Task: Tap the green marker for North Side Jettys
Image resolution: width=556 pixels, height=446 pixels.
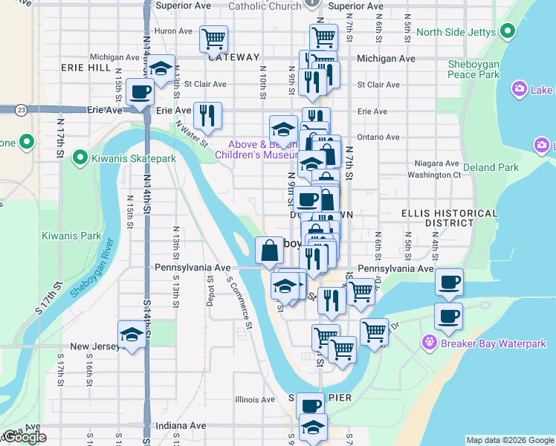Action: click(508, 31)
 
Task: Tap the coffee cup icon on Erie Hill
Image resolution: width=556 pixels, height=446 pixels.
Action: click(140, 92)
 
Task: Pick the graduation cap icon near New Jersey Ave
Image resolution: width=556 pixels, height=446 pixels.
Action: click(132, 334)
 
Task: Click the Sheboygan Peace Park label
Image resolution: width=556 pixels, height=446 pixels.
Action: click(473, 69)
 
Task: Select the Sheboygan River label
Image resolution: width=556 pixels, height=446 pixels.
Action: click(93, 268)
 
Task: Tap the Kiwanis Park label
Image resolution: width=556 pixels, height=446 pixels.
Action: click(71, 236)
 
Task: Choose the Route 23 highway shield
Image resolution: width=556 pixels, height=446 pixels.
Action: click(22, 110)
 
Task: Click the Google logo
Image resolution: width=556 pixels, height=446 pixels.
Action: click(25, 437)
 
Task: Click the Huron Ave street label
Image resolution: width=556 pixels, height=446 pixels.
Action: click(173, 31)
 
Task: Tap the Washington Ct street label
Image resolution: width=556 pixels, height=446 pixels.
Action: click(434, 175)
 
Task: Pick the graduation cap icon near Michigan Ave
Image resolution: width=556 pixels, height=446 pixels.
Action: click(161, 68)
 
